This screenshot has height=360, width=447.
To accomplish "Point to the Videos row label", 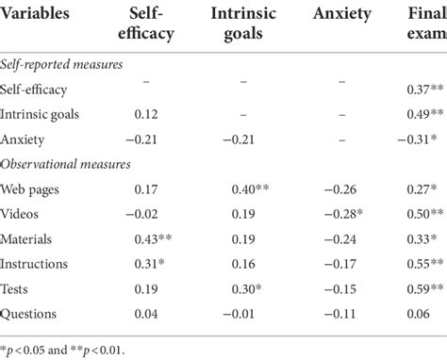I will click(x=25, y=213).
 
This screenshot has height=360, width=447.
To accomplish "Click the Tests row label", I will click(x=22, y=287).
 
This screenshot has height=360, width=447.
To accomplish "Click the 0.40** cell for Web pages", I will click(x=251, y=188).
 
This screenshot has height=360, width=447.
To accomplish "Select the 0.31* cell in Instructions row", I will click(x=144, y=263).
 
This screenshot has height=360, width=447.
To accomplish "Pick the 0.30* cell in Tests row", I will click(x=248, y=287).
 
